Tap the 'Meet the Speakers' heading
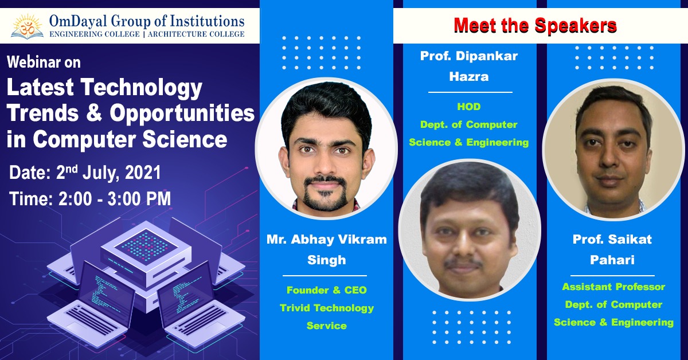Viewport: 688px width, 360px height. coord(535,25)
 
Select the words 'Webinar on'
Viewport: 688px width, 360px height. coord(44,62)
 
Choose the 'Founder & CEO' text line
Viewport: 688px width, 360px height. coord(326,290)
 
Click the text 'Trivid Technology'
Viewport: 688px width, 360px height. coord(326,308)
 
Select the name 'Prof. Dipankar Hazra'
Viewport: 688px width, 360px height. coord(469,66)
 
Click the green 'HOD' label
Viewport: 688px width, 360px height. coord(469,107)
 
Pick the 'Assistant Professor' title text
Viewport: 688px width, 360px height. coord(613,287)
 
